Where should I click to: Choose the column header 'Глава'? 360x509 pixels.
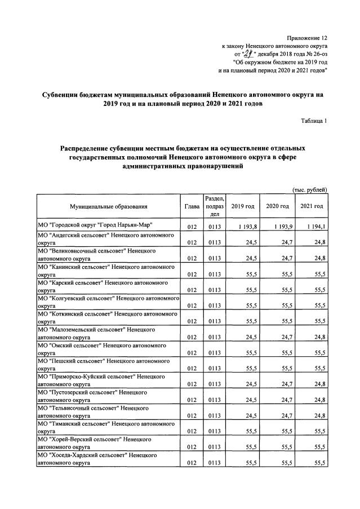[x=192, y=207]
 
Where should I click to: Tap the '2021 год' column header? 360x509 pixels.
[x=312, y=207]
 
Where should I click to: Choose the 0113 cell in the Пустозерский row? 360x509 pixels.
[x=214, y=400]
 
